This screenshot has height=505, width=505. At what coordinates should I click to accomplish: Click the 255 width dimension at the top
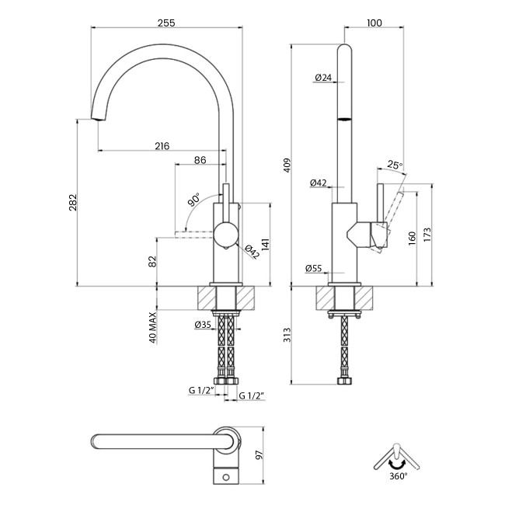(165, 23)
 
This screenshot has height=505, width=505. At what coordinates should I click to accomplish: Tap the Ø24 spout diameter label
(324, 77)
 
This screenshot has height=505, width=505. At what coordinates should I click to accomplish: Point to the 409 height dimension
(287, 165)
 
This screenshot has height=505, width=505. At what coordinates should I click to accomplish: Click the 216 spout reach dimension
(162, 145)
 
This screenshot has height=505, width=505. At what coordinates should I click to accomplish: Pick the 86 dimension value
(200, 160)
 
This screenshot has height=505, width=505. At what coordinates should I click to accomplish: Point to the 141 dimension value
(265, 245)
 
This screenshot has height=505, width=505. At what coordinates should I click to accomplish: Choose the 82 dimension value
(152, 262)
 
